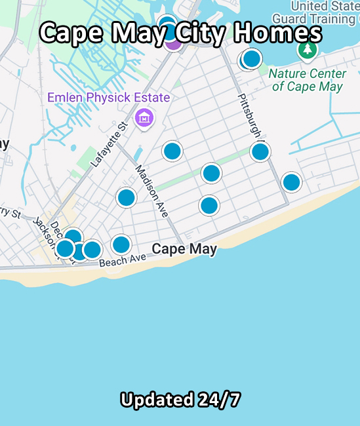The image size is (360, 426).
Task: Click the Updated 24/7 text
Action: click(180, 399)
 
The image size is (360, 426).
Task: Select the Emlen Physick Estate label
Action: click(108, 98)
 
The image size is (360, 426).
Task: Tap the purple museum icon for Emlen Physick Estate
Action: click(144, 119)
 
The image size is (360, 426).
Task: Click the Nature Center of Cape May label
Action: click(308, 80)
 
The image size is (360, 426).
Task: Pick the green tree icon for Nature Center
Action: click(307, 50)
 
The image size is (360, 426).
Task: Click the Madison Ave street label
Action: click(151, 191)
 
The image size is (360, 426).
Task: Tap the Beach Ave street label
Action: click(123, 260)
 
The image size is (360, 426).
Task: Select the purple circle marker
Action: click(173, 43)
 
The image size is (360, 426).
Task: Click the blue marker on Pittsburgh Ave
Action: click(260, 152)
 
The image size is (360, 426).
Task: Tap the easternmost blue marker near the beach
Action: click(291, 182)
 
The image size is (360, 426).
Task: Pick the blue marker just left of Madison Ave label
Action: click(126, 197)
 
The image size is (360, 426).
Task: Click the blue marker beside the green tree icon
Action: click(251, 59)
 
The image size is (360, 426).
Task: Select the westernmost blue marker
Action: click(65, 248)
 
